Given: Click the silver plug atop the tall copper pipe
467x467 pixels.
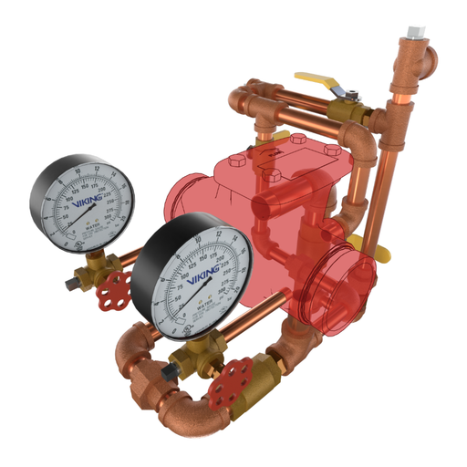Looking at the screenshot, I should (417, 32).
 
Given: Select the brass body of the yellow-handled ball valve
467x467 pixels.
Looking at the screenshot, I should (351, 113).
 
